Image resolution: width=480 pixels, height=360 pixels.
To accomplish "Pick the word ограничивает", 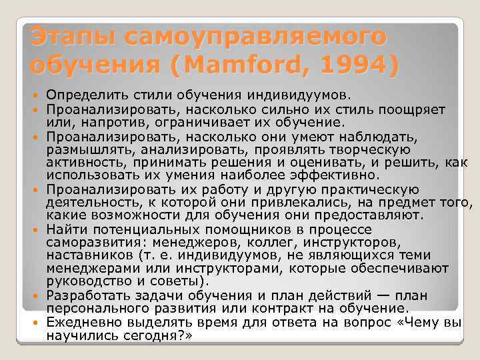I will (x=186, y=123).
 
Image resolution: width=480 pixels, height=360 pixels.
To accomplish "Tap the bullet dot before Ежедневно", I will (x=34, y=322).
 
